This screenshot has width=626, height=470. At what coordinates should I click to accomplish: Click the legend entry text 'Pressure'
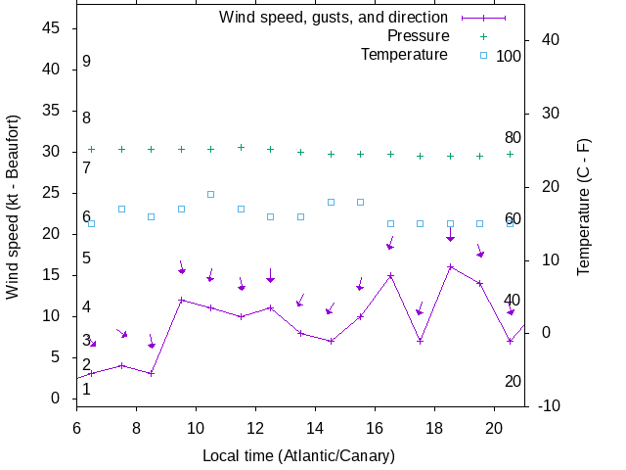click(x=418, y=36)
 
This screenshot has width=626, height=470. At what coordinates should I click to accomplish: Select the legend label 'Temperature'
click(x=404, y=55)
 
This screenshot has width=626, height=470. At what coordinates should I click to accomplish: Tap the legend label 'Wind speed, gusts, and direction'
click(x=334, y=18)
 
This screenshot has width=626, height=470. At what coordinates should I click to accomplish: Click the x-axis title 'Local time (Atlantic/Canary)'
click(x=298, y=456)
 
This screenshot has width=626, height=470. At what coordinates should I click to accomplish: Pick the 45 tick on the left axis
click(x=53, y=28)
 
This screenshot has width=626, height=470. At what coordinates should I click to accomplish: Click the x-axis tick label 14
click(x=315, y=427)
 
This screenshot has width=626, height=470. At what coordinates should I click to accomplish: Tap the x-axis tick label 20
click(x=495, y=427)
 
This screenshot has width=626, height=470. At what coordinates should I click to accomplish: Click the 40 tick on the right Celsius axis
click(x=549, y=40)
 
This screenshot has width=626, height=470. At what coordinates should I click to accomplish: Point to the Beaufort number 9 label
click(x=86, y=62)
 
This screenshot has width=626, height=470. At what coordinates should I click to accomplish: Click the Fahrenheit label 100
click(x=509, y=56)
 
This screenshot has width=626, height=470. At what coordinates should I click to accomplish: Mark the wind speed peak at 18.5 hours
click(x=450, y=266)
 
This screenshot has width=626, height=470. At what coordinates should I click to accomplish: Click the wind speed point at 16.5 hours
click(x=390, y=275)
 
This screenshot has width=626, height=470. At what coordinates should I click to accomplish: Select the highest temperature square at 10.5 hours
click(x=210, y=194)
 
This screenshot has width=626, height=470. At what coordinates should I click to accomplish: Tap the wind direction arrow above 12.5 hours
click(x=270, y=275)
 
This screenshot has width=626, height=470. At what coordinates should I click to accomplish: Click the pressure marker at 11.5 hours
click(x=241, y=147)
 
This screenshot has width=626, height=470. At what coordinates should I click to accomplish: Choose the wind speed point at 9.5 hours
click(x=181, y=300)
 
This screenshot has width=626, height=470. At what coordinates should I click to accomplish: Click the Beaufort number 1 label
click(x=86, y=390)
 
